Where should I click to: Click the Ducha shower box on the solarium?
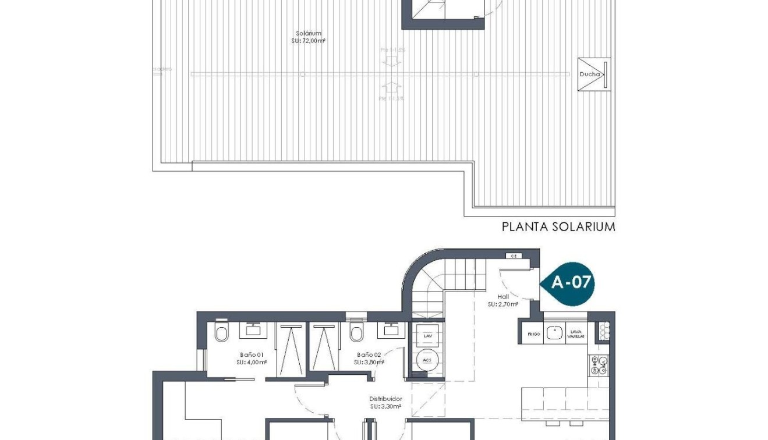(594, 74)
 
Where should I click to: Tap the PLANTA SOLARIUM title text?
(558, 226)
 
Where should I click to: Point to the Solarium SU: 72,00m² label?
(308, 37)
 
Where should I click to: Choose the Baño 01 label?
(252, 358)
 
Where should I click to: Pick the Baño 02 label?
(369, 358)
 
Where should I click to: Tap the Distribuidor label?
(385, 403)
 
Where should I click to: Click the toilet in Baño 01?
(222, 333)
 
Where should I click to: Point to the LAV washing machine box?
(428, 336)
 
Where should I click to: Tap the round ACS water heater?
(428, 360)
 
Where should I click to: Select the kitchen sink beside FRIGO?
(555, 333)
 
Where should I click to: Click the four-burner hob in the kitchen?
(599, 365)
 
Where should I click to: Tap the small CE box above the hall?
(513, 256)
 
